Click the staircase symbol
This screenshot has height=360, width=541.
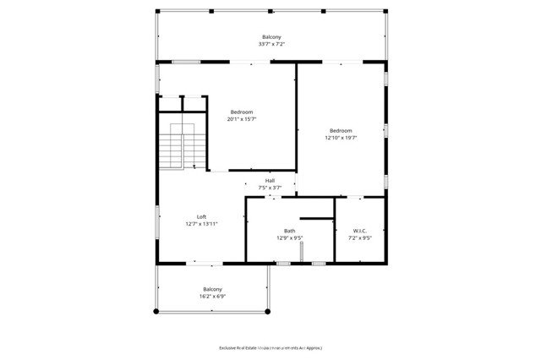183,146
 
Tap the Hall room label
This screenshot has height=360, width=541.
270,181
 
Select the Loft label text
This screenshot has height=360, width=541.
201,216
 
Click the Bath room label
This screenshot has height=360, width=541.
289,231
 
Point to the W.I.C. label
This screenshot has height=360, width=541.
360,231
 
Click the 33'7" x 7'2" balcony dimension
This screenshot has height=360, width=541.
271,44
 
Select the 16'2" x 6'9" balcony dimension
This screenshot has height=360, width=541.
212,297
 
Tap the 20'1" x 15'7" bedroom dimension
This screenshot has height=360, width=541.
242,119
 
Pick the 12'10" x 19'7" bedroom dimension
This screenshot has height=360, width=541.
341,138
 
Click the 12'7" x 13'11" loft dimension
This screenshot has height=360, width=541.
201,224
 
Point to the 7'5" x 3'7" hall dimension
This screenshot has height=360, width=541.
270,188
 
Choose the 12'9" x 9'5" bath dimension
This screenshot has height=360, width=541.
289,238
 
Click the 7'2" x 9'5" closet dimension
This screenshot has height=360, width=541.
360,238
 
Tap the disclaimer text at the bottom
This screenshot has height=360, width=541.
270,347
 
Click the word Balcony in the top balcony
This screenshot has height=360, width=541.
271,37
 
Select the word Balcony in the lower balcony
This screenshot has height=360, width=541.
212,289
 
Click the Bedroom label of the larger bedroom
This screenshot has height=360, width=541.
242,112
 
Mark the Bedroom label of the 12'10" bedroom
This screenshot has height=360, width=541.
341,130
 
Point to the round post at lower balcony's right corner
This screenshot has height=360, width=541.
268,312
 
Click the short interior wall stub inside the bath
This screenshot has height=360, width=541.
316,218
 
